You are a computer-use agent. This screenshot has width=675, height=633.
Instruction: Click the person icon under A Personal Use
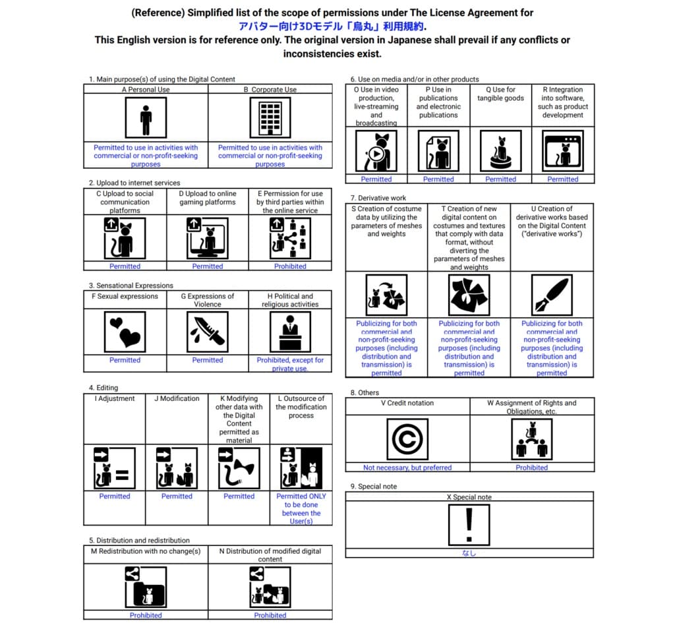[146, 118]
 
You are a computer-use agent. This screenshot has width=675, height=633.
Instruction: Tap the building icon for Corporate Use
[270, 118]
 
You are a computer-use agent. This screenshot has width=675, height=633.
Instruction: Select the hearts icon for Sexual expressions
[125, 331]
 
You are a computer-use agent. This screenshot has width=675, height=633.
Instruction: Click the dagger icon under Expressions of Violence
[208, 331]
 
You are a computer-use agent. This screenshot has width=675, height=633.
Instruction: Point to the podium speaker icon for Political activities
[291, 331]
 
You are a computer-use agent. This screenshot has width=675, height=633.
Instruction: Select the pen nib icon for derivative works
[552, 295]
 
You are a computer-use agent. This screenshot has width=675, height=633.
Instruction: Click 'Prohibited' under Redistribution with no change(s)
[146, 615]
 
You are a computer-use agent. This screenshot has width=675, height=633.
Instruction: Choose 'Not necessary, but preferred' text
[407, 467]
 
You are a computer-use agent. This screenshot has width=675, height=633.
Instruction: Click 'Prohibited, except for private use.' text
[291, 364]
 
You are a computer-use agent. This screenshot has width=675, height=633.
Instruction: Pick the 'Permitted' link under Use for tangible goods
[501, 179]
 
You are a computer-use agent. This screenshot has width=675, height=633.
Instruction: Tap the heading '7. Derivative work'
[378, 198]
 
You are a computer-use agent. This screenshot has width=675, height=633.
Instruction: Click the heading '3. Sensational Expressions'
[131, 286]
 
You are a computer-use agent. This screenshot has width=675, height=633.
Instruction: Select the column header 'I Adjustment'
[115, 399]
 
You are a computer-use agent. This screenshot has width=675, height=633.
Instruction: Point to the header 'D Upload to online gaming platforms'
[208, 198]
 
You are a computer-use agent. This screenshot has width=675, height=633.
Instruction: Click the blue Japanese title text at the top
[332, 26]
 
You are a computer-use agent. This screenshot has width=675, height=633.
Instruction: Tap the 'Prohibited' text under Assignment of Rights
[531, 467]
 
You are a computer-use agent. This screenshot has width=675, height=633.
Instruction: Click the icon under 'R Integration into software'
[563, 151]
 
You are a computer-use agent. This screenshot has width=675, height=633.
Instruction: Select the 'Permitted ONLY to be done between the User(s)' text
[301, 508]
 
